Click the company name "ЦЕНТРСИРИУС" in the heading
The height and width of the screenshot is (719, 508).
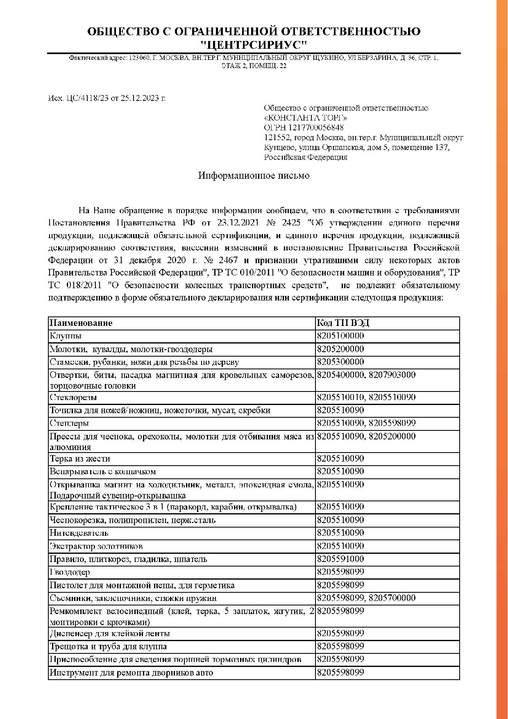pos(254,44)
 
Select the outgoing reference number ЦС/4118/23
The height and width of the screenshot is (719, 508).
pos(86,98)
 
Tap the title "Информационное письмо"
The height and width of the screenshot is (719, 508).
pos(254,176)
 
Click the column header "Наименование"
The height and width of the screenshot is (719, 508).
pos(81,323)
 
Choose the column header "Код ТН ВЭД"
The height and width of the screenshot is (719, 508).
pos(343,323)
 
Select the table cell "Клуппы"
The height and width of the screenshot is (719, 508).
pos(66,336)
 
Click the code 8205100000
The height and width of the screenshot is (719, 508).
pos(340,336)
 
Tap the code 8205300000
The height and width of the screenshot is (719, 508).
pos(340,362)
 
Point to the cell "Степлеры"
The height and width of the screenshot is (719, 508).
pos(69,423)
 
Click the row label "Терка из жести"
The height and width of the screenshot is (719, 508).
pos(80,459)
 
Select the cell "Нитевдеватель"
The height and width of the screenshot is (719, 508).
pos(79,533)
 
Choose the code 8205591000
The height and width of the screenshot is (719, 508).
pos(340,559)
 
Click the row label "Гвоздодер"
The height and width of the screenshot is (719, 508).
pos(70,572)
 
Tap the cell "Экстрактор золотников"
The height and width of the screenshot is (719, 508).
pos(96,546)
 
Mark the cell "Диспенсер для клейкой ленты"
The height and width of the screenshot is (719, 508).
pos(110,634)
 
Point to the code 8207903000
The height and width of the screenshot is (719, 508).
pos(392,375)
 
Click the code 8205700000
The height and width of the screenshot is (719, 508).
pos(392,598)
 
